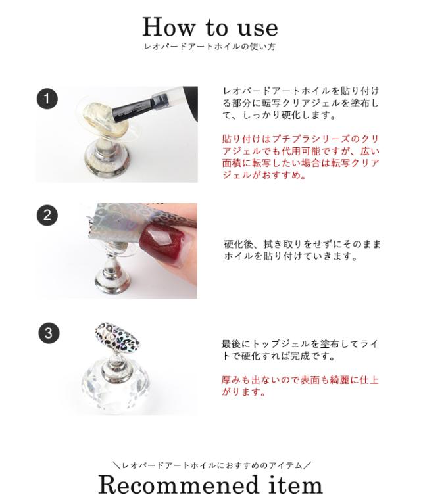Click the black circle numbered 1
coord(47,99)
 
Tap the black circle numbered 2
coord(47,215)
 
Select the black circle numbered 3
coord(47,333)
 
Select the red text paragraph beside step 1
coord(301,157)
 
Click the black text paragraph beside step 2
coord(302,250)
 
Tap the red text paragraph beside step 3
coord(299,386)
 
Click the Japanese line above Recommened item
coord(210,465)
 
